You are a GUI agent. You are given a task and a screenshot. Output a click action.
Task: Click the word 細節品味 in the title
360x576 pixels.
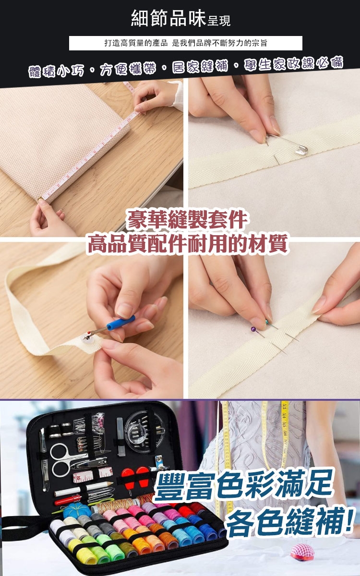pos(168,19)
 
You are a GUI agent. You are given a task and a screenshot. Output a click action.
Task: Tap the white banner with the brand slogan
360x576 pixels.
pos(185,43)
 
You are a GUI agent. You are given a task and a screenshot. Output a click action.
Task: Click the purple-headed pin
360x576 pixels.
pos(253,329)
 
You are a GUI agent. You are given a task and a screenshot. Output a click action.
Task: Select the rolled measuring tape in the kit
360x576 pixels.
pos(93,473)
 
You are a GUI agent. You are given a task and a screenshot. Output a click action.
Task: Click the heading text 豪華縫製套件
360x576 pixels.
pos(187,220)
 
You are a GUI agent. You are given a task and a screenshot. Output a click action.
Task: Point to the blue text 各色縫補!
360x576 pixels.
pos(289,521)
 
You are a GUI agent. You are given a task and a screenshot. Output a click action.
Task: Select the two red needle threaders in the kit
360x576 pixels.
pos(135,475)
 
